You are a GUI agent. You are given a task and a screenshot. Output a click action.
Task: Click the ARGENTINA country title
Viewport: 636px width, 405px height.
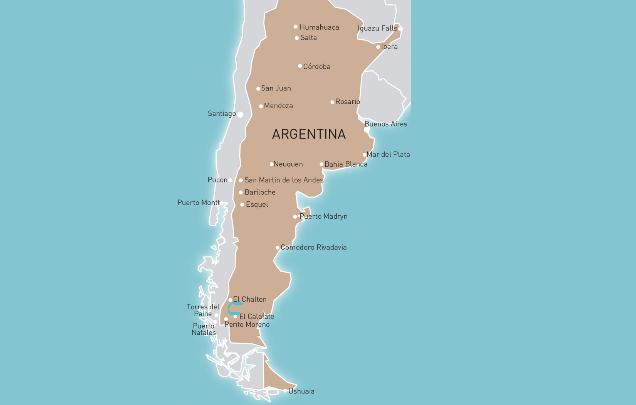pos(309,134)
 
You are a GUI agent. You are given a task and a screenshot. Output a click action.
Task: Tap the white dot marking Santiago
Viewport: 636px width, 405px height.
pos(240,115)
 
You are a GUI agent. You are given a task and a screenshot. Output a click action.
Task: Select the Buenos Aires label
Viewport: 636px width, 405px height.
pos(385,124)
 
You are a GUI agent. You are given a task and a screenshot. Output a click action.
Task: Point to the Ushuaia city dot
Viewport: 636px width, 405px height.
pos(285,391)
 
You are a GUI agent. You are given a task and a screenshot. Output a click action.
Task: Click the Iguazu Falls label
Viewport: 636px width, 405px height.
pos(377,28)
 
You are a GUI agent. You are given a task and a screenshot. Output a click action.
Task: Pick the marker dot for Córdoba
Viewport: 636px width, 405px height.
pos(300,66)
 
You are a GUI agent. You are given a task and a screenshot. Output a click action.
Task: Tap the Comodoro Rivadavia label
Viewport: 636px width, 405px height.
pos(313,247)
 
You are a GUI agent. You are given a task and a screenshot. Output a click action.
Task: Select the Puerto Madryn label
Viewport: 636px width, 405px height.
pos(323,216)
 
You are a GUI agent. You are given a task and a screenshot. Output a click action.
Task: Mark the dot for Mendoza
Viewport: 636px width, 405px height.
pos(261,106)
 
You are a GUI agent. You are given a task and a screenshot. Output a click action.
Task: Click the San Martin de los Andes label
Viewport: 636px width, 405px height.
pos(284,180)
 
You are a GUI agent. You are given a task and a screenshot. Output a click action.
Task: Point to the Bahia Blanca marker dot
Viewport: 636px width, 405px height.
pos(321,164)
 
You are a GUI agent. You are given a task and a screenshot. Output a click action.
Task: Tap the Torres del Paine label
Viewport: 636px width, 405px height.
pos(203,310)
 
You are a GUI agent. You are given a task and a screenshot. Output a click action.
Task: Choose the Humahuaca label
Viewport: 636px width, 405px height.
pos(319,27)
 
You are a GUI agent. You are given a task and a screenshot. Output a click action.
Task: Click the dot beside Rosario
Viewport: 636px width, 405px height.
pos(332,102)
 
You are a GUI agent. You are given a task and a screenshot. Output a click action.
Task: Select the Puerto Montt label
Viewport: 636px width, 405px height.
pos(199,202)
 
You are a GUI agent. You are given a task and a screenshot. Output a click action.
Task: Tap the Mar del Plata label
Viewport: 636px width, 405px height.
pos(388,154)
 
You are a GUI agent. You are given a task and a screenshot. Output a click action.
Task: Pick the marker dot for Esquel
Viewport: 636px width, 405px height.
pos(242,205)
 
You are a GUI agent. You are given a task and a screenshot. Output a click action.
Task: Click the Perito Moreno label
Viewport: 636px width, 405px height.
pos(247,325)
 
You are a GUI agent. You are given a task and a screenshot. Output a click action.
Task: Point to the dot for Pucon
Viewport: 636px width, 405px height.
pos(231,180)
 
